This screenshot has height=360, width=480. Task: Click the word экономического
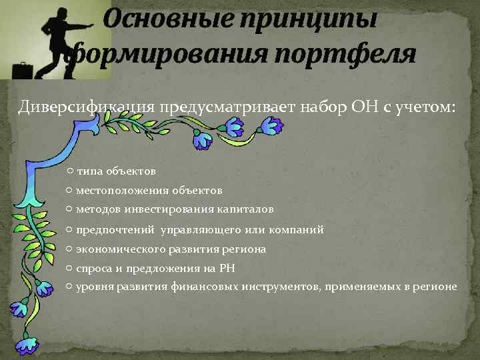point(117,249)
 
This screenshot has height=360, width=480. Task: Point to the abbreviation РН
point(227,268)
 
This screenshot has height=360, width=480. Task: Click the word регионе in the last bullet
point(435,287)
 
